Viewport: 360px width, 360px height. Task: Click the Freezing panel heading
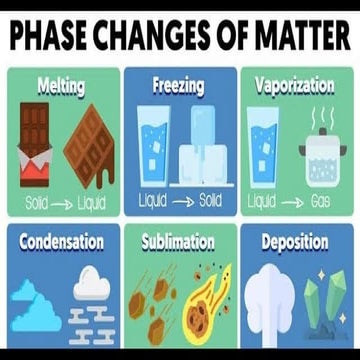coord(180,85)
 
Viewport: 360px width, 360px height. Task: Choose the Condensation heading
coord(60,242)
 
